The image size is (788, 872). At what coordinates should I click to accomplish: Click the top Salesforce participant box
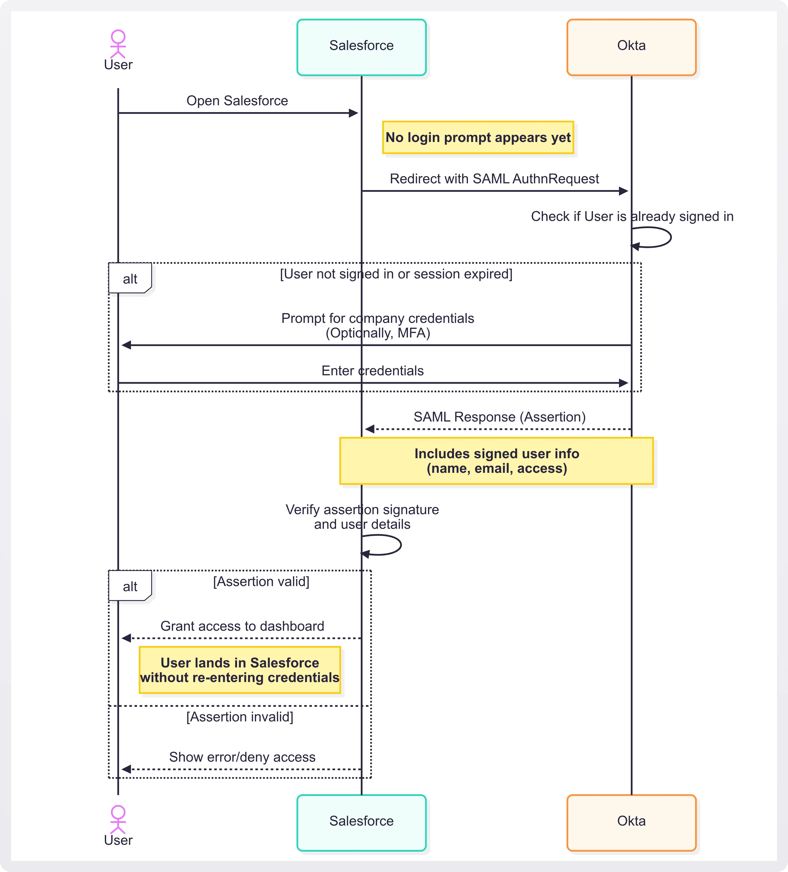[361, 47]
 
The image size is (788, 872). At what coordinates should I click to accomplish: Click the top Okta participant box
[631, 47]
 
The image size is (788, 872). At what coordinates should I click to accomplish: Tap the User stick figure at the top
[118, 44]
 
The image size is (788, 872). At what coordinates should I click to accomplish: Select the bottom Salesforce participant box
[361, 823]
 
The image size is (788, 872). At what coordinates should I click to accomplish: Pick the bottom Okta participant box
[631, 823]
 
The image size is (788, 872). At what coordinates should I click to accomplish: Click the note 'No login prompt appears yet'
[478, 138]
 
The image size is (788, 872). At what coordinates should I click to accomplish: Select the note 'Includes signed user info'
[497, 461]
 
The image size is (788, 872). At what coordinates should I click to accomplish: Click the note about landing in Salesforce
[240, 670]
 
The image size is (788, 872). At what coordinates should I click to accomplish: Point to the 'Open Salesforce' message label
[237, 101]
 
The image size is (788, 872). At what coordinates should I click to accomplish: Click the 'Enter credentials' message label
[373, 371]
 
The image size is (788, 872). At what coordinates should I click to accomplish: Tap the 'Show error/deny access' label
[242, 757]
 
